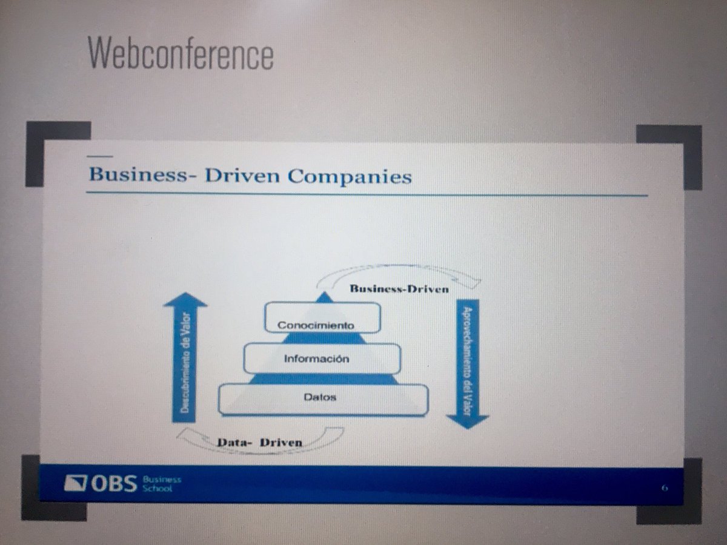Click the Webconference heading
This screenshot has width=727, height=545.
pyautogui.click(x=181, y=53)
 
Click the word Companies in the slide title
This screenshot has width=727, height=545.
pyautogui.click(x=350, y=176)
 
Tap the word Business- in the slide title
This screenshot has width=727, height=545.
pyautogui.click(x=143, y=175)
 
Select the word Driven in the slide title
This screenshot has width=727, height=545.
pyautogui.click(x=242, y=176)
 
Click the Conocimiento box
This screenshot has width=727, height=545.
pyautogui.click(x=322, y=317)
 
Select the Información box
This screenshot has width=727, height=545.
pyautogui.click(x=322, y=358)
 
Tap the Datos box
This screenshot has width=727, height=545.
pyautogui.click(x=324, y=400)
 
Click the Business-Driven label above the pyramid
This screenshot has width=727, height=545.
pyautogui.click(x=399, y=289)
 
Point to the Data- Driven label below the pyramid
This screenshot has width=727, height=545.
pyautogui.click(x=260, y=443)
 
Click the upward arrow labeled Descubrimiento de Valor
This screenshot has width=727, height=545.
pyautogui.click(x=185, y=357)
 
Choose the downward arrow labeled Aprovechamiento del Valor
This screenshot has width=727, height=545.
pyautogui.click(x=467, y=364)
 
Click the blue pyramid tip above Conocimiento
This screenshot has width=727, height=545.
pyautogui.click(x=325, y=297)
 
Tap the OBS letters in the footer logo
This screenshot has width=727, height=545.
pyautogui.click(x=114, y=483)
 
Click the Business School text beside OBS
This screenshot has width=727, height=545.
pyautogui.click(x=162, y=484)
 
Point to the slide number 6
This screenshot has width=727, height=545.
pyautogui.click(x=665, y=488)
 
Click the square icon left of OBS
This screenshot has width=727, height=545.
pyautogui.click(x=76, y=483)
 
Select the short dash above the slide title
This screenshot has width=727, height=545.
pyautogui.click(x=100, y=156)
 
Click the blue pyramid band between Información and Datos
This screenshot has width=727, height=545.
pyautogui.click(x=324, y=379)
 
